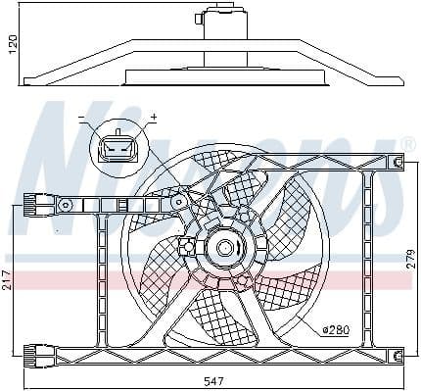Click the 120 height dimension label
pyautogui.click(x=11, y=44)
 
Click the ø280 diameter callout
pyautogui.click(x=334, y=329)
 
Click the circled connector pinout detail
pyautogui.click(x=117, y=150)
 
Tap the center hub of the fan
pyautogui.click(x=224, y=249)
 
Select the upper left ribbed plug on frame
pyautogui.click(x=42, y=205)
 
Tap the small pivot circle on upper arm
pyautogui.click(x=179, y=201)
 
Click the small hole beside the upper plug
pyautogui.click(x=66, y=205)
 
